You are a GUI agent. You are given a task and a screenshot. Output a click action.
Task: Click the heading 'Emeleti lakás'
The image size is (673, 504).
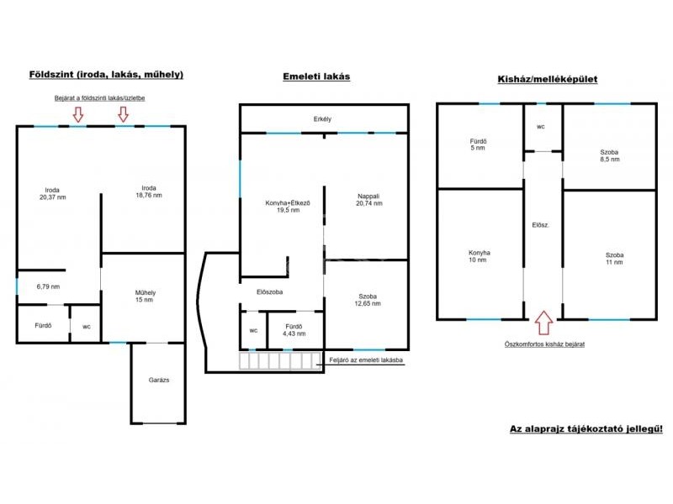point(316,76)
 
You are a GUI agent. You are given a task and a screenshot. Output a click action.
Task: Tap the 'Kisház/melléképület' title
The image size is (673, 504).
point(548,79)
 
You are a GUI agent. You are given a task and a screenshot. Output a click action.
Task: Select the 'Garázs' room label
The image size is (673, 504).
point(159,381)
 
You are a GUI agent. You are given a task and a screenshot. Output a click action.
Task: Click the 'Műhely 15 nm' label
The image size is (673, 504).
point(145,297)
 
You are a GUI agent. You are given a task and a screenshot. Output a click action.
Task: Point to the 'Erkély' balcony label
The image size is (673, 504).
point(322,119)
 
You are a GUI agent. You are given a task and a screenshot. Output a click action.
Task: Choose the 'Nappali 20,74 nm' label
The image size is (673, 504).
point(369,200)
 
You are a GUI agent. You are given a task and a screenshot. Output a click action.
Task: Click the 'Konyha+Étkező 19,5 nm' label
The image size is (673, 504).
point(288,207)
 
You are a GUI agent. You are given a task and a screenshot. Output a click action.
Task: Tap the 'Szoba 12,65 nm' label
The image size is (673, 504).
point(368,300)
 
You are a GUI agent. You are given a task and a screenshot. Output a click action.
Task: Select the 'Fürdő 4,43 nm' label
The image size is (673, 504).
point(294,330)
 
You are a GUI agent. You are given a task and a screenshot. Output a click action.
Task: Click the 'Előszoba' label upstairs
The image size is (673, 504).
point(269,292)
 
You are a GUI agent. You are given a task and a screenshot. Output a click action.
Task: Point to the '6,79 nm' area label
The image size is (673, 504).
point(48,286)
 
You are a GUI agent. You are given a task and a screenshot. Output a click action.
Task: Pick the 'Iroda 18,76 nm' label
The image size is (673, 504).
point(149,192)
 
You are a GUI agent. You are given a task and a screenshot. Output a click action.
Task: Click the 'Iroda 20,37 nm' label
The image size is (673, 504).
point(52,194)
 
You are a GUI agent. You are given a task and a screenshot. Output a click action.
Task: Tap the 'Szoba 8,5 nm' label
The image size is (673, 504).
point(609,155)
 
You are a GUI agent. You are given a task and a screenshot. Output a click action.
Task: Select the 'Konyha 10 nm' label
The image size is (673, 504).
point(479,256)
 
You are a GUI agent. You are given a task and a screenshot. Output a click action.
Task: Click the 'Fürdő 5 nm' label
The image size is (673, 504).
point(478,144)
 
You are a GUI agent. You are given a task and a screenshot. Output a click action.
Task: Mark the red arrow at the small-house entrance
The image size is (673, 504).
point(544,323)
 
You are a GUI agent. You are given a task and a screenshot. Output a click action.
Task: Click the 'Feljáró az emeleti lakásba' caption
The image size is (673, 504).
point(366,360)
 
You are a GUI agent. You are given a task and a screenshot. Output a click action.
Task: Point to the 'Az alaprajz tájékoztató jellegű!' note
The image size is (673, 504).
point(586,429)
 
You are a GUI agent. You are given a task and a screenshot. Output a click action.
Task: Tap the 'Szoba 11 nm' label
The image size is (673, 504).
point(614,259)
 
